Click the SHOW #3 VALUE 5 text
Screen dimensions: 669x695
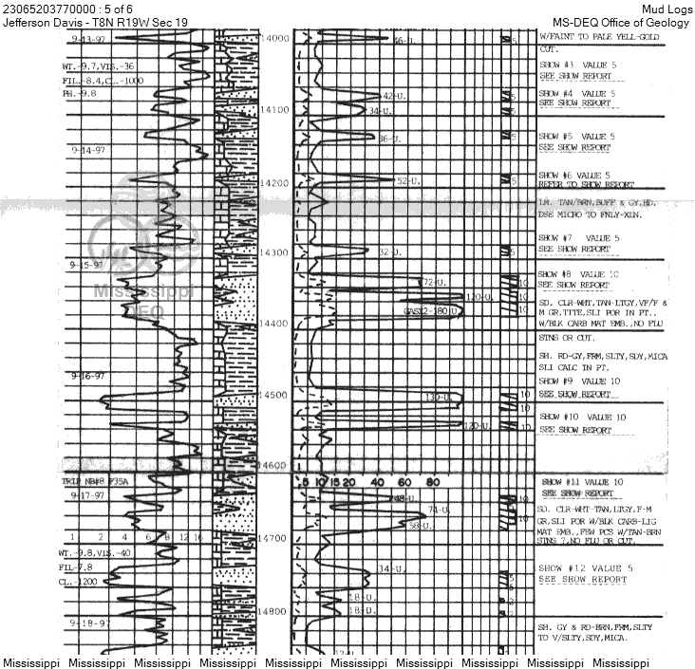[576, 66]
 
